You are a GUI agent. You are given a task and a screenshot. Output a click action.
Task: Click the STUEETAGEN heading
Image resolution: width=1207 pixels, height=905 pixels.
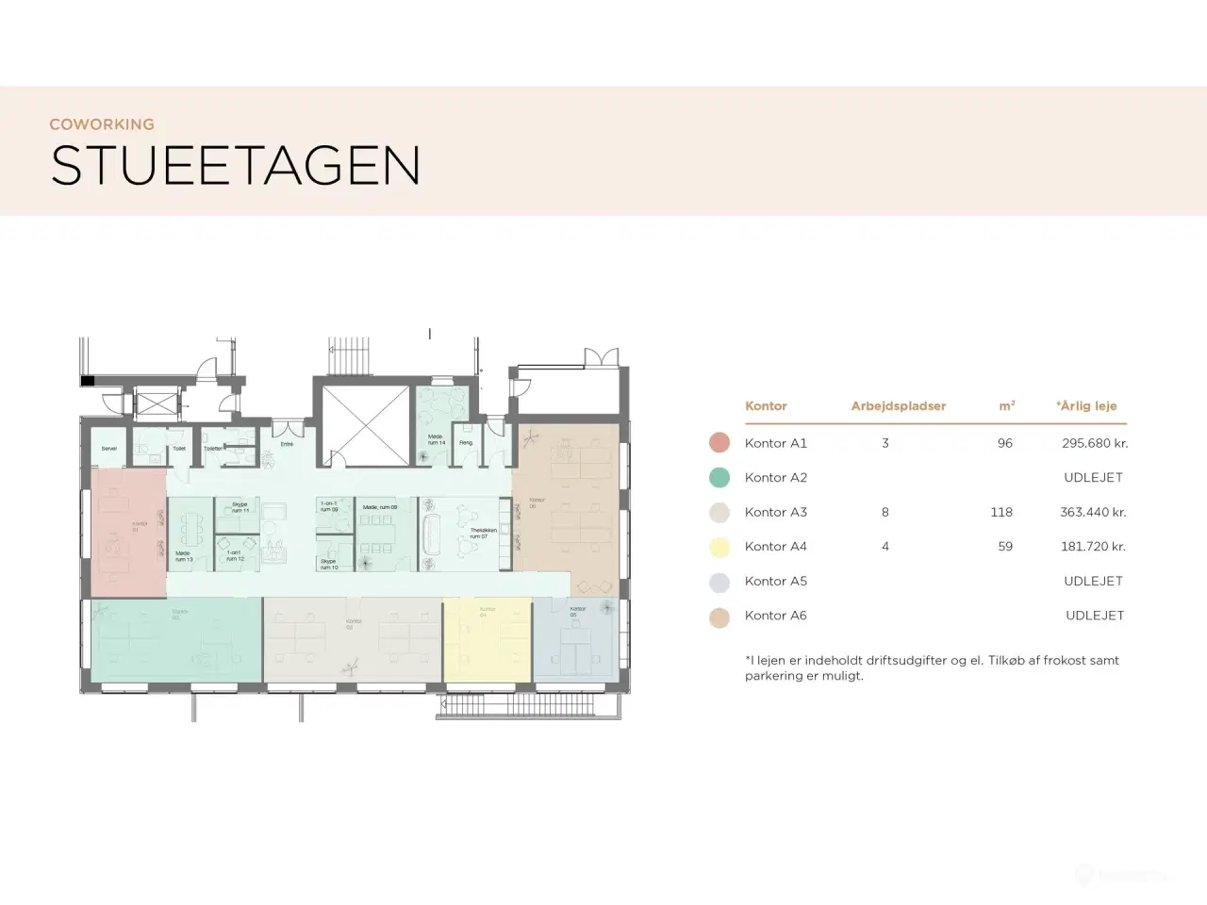tap(235, 166)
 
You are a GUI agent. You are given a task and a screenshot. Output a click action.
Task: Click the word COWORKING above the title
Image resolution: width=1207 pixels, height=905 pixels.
tap(102, 124)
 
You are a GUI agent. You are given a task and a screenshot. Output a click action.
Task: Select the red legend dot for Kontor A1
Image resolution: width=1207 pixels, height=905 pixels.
tap(719, 443)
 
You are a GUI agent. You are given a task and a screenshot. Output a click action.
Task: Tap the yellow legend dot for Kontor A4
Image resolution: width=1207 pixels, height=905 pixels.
tap(719, 547)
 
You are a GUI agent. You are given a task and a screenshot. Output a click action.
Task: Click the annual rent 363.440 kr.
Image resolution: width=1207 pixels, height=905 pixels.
tap(1093, 513)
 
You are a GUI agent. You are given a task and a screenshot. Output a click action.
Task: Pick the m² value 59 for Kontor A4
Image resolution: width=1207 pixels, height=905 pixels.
tap(1005, 547)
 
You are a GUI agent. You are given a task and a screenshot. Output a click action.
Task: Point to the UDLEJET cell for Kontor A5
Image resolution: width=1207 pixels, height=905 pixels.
tap(1093, 582)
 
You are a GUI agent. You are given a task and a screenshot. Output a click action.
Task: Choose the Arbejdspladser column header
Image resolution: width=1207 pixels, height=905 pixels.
tap(898, 406)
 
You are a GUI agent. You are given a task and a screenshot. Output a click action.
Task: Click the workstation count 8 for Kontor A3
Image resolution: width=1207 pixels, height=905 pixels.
tap(885, 513)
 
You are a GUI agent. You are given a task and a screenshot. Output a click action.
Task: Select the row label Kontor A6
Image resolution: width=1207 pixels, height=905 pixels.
tap(775, 616)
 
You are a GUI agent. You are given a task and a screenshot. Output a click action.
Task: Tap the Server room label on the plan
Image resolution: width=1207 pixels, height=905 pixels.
tap(109, 449)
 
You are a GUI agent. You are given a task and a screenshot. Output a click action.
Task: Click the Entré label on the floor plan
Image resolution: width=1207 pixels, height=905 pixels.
tap(287, 444)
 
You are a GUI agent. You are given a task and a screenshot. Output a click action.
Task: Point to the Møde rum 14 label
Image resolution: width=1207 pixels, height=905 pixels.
tap(436, 440)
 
